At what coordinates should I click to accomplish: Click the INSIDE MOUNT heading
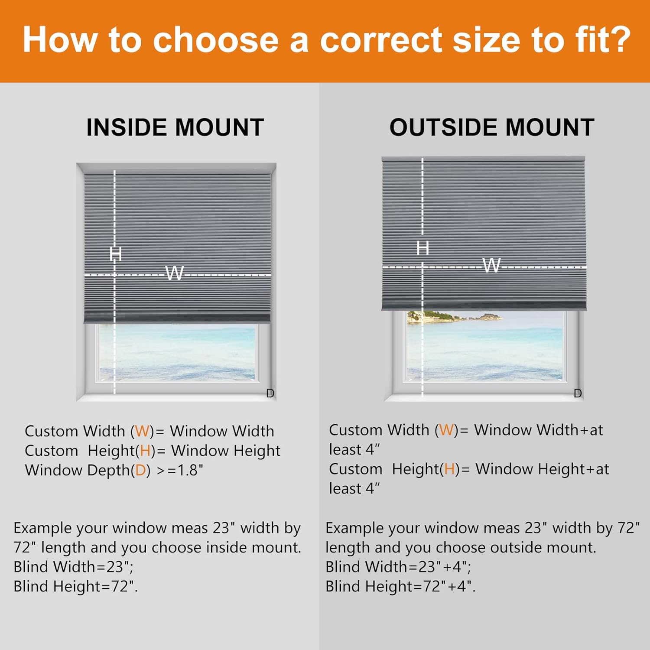[175, 127]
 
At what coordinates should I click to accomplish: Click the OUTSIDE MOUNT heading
[492, 127]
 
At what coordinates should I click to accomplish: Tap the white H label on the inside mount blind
[116, 253]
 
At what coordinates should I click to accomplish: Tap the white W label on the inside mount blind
[175, 273]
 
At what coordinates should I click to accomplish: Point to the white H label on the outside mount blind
[422, 248]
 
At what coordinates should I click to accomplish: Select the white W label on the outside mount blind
[491, 265]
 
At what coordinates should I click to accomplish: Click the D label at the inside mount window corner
[270, 393]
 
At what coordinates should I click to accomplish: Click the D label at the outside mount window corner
[578, 393]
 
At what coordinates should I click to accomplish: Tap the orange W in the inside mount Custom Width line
[142, 431]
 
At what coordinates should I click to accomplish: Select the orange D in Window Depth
[140, 470]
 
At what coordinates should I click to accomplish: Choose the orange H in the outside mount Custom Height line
[449, 469]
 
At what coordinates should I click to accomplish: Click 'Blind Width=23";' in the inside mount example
[74, 567]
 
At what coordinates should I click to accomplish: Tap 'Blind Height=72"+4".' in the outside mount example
[400, 586]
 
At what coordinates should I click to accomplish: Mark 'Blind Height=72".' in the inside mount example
[76, 586]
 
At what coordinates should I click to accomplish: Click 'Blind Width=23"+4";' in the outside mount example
[398, 567]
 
